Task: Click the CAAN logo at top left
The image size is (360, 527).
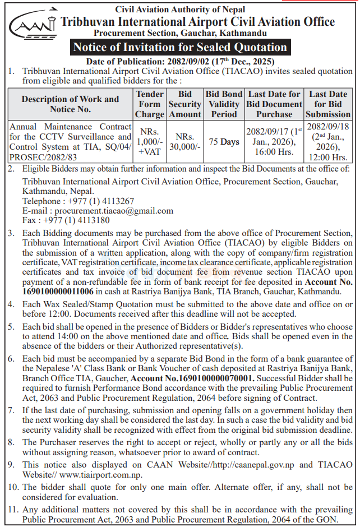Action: (33, 24)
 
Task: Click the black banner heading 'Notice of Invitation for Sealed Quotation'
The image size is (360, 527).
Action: (179, 47)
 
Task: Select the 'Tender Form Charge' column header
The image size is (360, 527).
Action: (150, 104)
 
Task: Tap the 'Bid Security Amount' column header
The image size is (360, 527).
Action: (185, 104)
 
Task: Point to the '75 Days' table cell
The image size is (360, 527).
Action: (224, 142)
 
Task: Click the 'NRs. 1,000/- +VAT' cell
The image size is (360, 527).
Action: (150, 142)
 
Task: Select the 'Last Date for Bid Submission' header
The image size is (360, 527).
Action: (328, 104)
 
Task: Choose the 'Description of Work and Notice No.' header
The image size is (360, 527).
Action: (70, 104)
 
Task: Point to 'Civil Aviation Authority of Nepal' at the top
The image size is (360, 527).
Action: (179, 9)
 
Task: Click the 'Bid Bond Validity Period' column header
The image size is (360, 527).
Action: (224, 104)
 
